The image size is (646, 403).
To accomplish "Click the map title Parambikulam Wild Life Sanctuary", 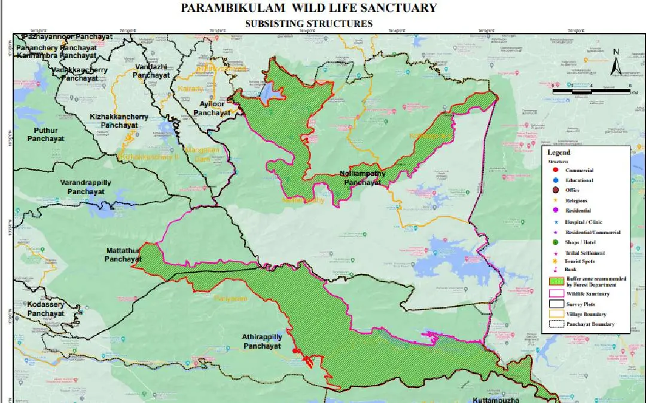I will point(309,8).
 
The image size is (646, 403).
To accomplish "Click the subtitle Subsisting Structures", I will point(309,23).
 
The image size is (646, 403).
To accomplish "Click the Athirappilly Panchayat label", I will point(261,342).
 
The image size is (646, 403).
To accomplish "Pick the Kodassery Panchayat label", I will point(45,309).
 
